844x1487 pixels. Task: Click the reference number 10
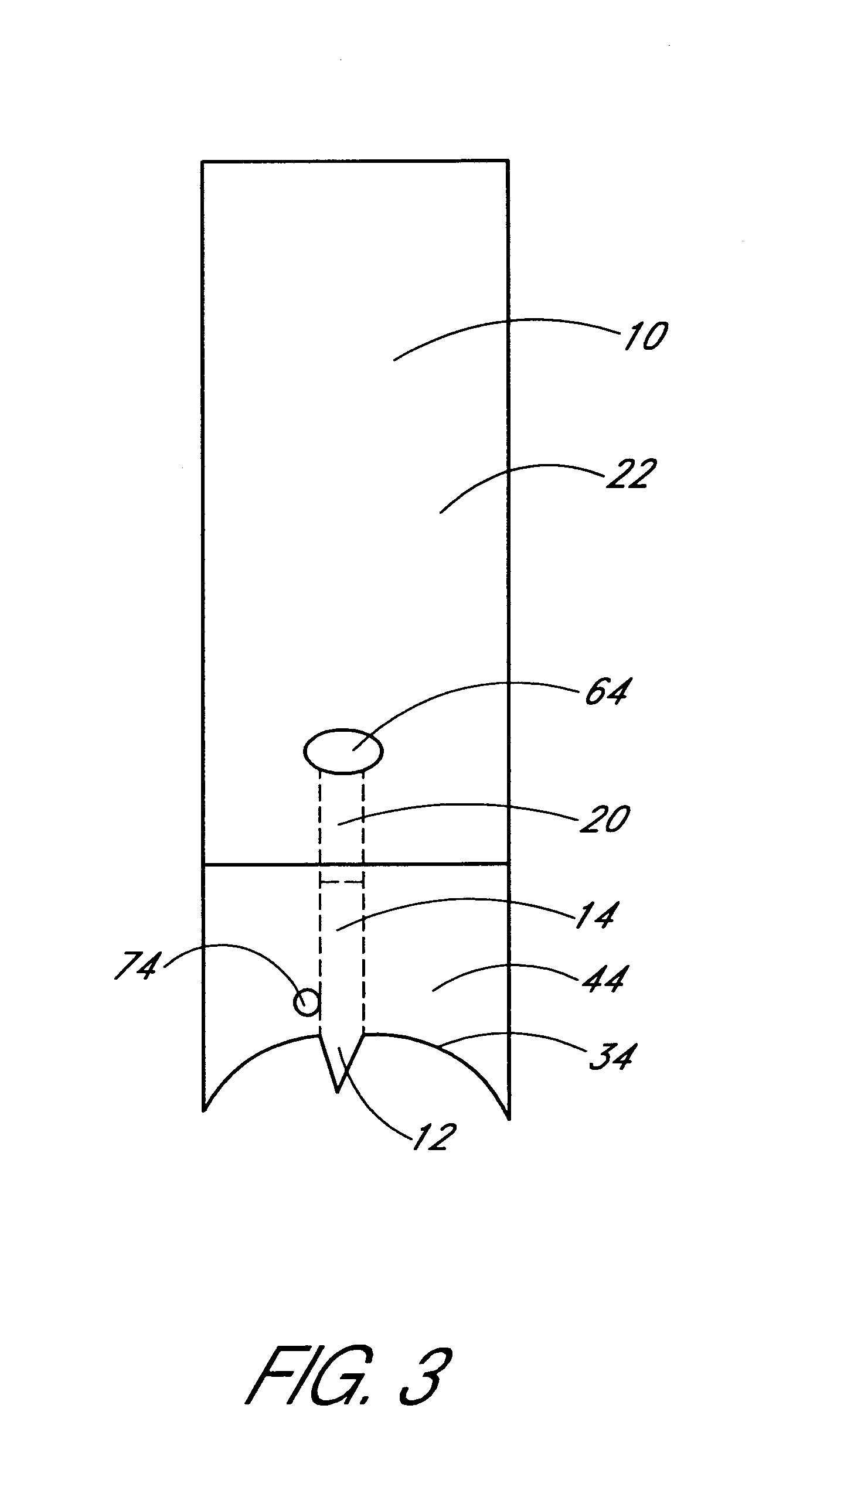(x=645, y=338)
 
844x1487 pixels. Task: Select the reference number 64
(x=606, y=694)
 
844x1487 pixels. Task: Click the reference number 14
(x=595, y=916)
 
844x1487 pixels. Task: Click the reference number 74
(x=137, y=965)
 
